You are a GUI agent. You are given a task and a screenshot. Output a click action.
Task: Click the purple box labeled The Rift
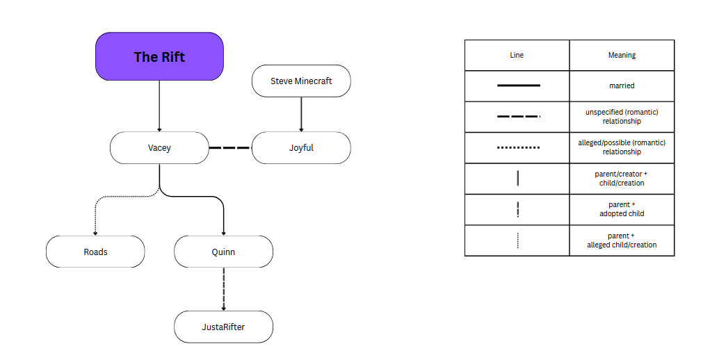pyautogui.click(x=159, y=56)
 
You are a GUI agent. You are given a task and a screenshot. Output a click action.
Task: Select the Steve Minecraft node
pyautogui.click(x=301, y=81)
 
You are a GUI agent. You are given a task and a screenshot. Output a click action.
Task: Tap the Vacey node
pyautogui.click(x=159, y=148)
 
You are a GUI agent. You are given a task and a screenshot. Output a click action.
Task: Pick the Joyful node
pyautogui.click(x=301, y=148)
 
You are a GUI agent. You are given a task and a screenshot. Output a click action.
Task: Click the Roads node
pyautogui.click(x=95, y=252)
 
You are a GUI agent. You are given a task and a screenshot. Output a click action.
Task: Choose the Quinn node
pyautogui.click(x=223, y=252)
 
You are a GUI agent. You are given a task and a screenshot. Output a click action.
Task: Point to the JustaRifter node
pyautogui.click(x=223, y=327)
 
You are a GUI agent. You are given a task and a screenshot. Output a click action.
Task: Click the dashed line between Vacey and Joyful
pyautogui.click(x=230, y=148)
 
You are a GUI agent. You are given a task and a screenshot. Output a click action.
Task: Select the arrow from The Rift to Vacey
pyautogui.click(x=159, y=104)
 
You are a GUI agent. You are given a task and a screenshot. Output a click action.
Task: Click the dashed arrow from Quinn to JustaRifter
pyautogui.click(x=223, y=288)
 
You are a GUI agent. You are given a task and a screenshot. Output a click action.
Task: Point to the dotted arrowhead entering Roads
pyautogui.click(x=95, y=233)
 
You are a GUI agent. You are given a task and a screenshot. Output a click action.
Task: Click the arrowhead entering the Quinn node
pyautogui.click(x=223, y=233)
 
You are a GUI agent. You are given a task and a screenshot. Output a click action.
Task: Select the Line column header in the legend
pyautogui.click(x=517, y=55)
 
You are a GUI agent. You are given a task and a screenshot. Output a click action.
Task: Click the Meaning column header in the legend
pyautogui.click(x=622, y=55)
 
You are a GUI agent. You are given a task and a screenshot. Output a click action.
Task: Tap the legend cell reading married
pyautogui.click(x=622, y=85)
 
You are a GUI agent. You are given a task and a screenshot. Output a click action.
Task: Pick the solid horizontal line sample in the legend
pyautogui.click(x=518, y=85)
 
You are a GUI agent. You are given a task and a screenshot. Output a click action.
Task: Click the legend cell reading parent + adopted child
pyautogui.click(x=622, y=209)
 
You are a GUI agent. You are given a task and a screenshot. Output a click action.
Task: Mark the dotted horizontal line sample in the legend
pyautogui.click(x=518, y=147)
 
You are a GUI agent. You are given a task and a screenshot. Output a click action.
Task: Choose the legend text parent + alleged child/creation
pyautogui.click(x=622, y=240)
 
